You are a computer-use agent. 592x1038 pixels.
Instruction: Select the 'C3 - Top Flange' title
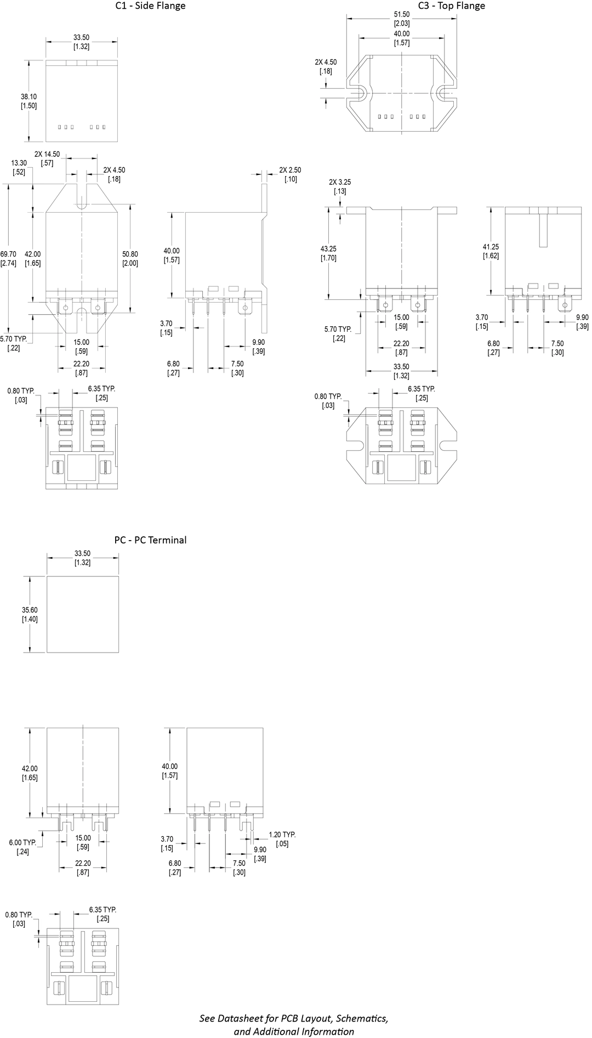[452, 6]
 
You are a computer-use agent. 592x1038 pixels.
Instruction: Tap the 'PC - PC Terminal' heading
[150, 540]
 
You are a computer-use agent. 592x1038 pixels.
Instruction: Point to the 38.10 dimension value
[29, 97]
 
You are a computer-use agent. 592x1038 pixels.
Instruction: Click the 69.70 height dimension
[8, 254]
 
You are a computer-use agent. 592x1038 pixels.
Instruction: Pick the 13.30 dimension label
[19, 163]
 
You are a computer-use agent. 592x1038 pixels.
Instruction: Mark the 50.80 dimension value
[130, 254]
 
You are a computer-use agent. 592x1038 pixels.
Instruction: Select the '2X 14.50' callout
[47, 154]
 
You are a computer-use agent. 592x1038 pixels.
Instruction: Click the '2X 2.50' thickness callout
[290, 170]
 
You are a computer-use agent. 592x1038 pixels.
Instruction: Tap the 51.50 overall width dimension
[402, 14]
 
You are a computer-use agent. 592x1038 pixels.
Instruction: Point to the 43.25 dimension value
[328, 249]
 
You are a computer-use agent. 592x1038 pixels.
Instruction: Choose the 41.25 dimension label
[491, 247]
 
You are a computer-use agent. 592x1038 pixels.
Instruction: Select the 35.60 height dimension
[30, 610]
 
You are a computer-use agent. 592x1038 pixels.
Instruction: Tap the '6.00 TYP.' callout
[22, 842]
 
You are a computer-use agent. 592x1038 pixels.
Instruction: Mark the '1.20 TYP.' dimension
[282, 835]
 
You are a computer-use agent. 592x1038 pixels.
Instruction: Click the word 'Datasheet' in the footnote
[242, 1019]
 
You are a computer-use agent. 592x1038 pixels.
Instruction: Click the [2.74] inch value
[8, 263]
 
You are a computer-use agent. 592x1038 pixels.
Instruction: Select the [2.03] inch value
[402, 24]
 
